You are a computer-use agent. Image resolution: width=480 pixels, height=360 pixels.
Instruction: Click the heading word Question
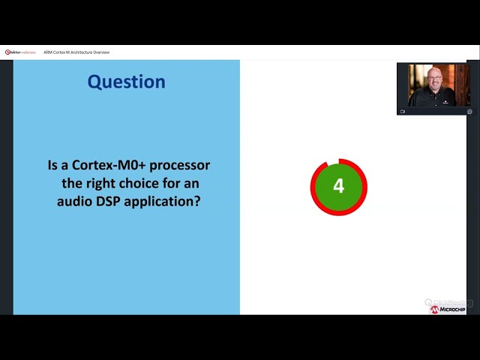pos(126,81)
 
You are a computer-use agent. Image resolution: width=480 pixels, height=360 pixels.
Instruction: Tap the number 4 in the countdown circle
pos(338,186)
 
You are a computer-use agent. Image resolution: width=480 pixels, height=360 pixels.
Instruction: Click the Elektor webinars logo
pos(20,52)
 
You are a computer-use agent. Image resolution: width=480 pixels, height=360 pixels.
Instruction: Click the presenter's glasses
pos(433,80)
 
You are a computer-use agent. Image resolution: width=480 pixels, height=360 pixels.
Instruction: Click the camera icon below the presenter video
pos(403,111)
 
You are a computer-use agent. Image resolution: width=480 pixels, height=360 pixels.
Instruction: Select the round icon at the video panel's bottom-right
pos(469,111)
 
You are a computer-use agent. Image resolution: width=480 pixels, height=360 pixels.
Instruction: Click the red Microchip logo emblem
pos(434,309)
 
